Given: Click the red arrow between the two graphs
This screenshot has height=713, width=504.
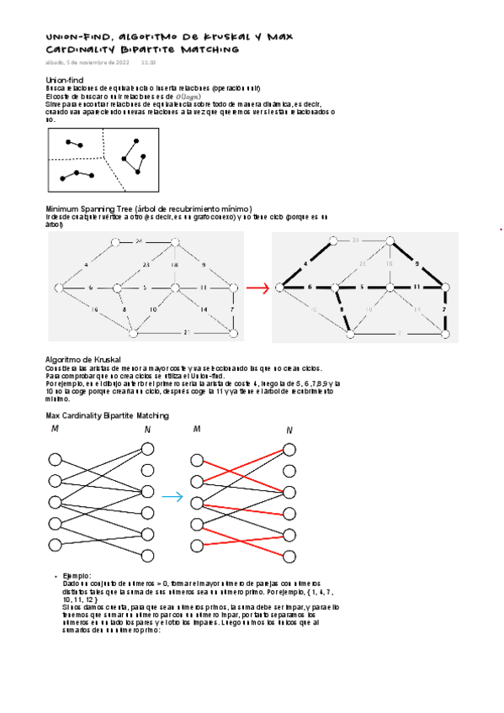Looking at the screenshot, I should [x=257, y=288].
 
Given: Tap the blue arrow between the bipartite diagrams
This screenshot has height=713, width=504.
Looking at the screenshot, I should [x=172, y=497].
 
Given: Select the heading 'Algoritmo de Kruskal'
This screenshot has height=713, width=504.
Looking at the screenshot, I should [x=82, y=359].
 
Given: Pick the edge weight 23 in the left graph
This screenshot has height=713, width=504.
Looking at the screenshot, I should [x=146, y=265].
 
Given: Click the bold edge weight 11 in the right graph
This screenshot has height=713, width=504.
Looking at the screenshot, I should [x=416, y=288].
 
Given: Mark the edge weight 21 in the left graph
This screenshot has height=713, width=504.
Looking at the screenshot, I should [x=187, y=333].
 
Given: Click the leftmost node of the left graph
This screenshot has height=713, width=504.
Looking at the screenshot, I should [x=58, y=288].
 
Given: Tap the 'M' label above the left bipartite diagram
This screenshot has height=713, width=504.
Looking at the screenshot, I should [x=55, y=430].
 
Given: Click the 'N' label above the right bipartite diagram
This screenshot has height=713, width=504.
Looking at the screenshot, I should [x=289, y=431].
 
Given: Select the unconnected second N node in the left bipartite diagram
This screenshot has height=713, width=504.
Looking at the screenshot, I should [x=148, y=471].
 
